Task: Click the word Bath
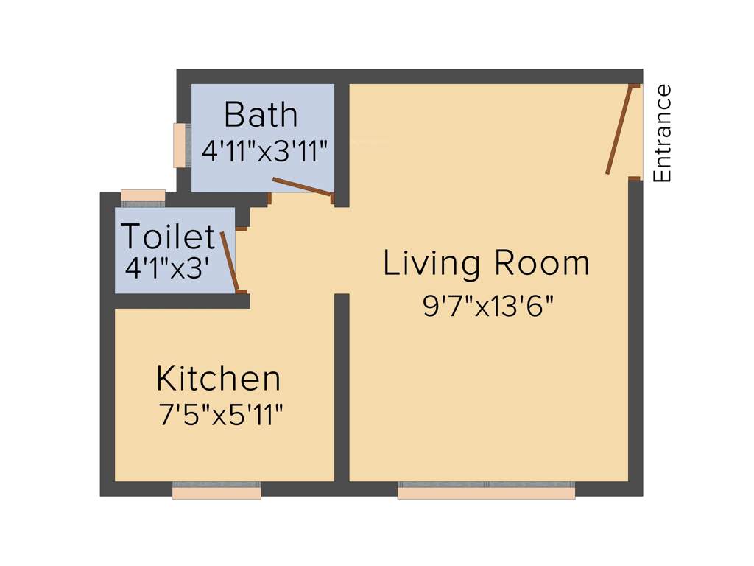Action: click(261, 116)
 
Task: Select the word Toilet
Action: click(169, 237)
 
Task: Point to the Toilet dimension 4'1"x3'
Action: click(169, 268)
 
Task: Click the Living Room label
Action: click(487, 264)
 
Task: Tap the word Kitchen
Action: click(219, 379)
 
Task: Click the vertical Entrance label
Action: click(663, 133)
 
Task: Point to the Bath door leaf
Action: click(302, 187)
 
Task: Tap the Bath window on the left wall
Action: click(180, 145)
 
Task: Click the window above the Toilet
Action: click(143, 198)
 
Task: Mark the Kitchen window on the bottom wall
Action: click(216, 490)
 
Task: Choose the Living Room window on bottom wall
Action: click(486, 490)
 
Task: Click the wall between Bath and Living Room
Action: click(342, 140)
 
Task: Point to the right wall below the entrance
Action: click(635, 332)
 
